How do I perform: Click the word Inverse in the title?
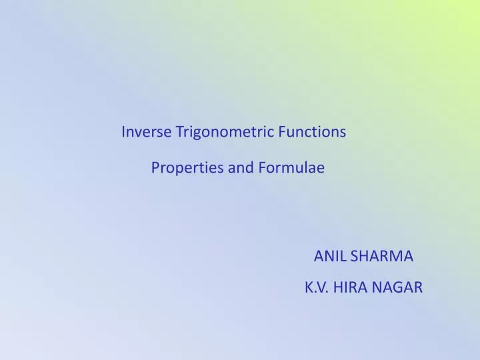(x=146, y=132)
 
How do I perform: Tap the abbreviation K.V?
(x=317, y=288)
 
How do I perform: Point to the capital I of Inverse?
(x=123, y=132)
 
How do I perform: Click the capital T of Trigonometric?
(x=179, y=132)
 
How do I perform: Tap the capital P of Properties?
(x=155, y=168)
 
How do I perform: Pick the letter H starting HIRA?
(x=339, y=288)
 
